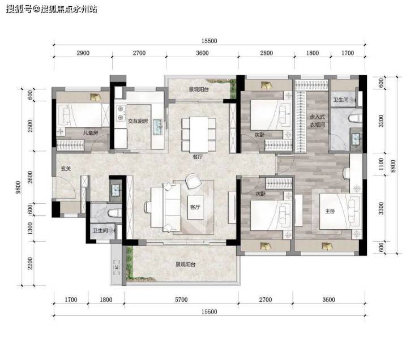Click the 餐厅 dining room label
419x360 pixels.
[198, 157]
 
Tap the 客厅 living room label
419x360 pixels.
[195, 207]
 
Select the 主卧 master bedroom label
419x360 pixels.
[330, 211]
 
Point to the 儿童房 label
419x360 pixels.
[91, 132]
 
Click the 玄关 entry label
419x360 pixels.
[66, 169]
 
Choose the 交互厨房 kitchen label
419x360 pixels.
[138, 121]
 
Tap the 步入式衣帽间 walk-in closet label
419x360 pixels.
[318, 121]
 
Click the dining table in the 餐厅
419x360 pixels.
[199, 135]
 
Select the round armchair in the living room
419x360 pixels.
[194, 181]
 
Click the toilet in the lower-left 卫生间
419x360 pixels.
[115, 213]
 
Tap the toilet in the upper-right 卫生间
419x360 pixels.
[356, 118]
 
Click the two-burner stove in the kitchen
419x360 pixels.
[121, 113]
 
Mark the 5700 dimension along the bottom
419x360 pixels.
[181, 299]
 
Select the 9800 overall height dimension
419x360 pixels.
[18, 187]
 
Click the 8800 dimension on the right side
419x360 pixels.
[393, 166]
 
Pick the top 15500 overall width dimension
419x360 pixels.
[209, 41]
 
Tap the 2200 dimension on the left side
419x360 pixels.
[30, 263]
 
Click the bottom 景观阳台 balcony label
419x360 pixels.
[186, 264]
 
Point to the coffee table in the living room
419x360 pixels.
[195, 207]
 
